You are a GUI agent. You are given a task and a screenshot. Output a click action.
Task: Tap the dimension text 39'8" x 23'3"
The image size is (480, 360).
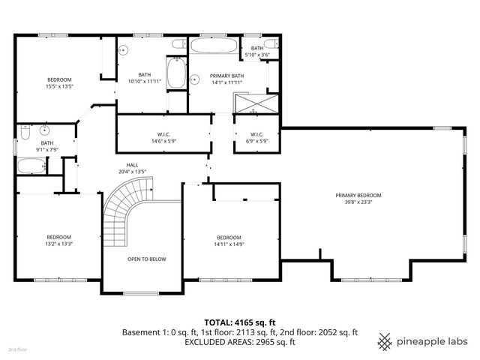(358, 202)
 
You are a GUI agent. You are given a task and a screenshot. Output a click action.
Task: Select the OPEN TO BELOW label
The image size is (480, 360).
(146, 259)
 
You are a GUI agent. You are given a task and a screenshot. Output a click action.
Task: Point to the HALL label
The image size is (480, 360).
(132, 164)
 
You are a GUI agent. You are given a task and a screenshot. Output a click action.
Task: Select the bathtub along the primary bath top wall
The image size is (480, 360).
(214, 45)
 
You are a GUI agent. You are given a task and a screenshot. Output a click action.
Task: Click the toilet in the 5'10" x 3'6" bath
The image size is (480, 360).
(277, 46)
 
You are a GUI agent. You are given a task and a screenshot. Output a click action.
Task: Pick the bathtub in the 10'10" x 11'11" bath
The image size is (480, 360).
(176, 74)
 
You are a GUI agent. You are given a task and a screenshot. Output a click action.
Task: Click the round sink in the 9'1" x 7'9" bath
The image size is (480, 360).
(44, 130)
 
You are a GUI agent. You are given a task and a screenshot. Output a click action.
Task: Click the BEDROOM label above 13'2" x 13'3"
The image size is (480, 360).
(59, 236)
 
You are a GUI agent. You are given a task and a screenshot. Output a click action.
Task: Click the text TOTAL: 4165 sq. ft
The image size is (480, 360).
(240, 322)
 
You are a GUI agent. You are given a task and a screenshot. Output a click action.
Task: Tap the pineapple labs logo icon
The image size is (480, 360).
(385, 340)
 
